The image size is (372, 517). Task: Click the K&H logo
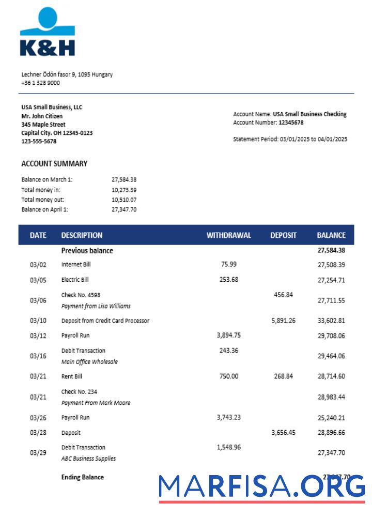(x=48, y=32)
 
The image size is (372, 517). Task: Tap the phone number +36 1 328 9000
(x=40, y=83)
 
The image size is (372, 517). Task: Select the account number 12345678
(x=291, y=123)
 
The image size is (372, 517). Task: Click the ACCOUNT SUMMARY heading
(x=54, y=163)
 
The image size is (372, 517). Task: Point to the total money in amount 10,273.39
(x=124, y=190)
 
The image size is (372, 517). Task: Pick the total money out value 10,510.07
(x=124, y=200)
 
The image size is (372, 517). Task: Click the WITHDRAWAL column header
(x=229, y=235)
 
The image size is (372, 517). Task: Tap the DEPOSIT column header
(x=283, y=235)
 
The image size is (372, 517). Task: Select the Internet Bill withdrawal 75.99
(x=229, y=264)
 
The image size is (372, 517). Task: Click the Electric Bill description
(x=75, y=280)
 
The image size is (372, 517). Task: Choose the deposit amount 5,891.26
(x=283, y=321)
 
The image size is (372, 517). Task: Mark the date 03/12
(x=38, y=336)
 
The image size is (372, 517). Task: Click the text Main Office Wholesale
(x=89, y=362)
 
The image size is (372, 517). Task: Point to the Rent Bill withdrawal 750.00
(x=229, y=376)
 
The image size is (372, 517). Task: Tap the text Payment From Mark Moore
(x=96, y=403)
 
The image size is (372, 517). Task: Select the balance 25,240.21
(x=331, y=418)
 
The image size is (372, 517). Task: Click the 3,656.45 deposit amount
(x=283, y=433)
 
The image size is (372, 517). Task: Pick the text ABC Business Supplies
(x=88, y=459)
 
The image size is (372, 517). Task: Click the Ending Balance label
(x=82, y=477)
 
